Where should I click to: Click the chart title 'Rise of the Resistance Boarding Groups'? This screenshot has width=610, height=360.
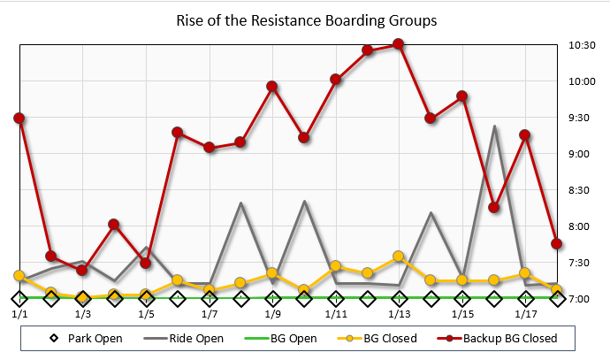pyautogui.click(x=305, y=20)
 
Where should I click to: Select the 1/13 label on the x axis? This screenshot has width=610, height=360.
pyautogui.click(x=399, y=314)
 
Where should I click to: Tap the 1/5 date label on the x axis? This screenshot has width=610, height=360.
pyautogui.click(x=146, y=314)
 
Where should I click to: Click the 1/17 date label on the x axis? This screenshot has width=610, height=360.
pyautogui.click(x=525, y=314)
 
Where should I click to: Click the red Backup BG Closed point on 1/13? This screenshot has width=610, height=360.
pyautogui.click(x=399, y=43)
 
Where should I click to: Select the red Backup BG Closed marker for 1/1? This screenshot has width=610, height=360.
pyautogui.click(x=19, y=118)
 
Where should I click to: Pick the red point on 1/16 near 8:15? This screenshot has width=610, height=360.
pyautogui.click(x=493, y=208)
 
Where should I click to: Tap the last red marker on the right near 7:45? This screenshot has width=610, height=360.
pyautogui.click(x=557, y=244)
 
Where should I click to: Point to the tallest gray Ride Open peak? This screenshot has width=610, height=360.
pyautogui.click(x=494, y=126)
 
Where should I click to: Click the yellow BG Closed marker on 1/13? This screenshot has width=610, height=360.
pyautogui.click(x=399, y=257)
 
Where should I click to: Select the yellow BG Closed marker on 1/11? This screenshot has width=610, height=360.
pyautogui.click(x=336, y=265)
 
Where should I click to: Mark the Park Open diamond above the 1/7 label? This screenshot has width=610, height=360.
pyautogui.click(x=210, y=299)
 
